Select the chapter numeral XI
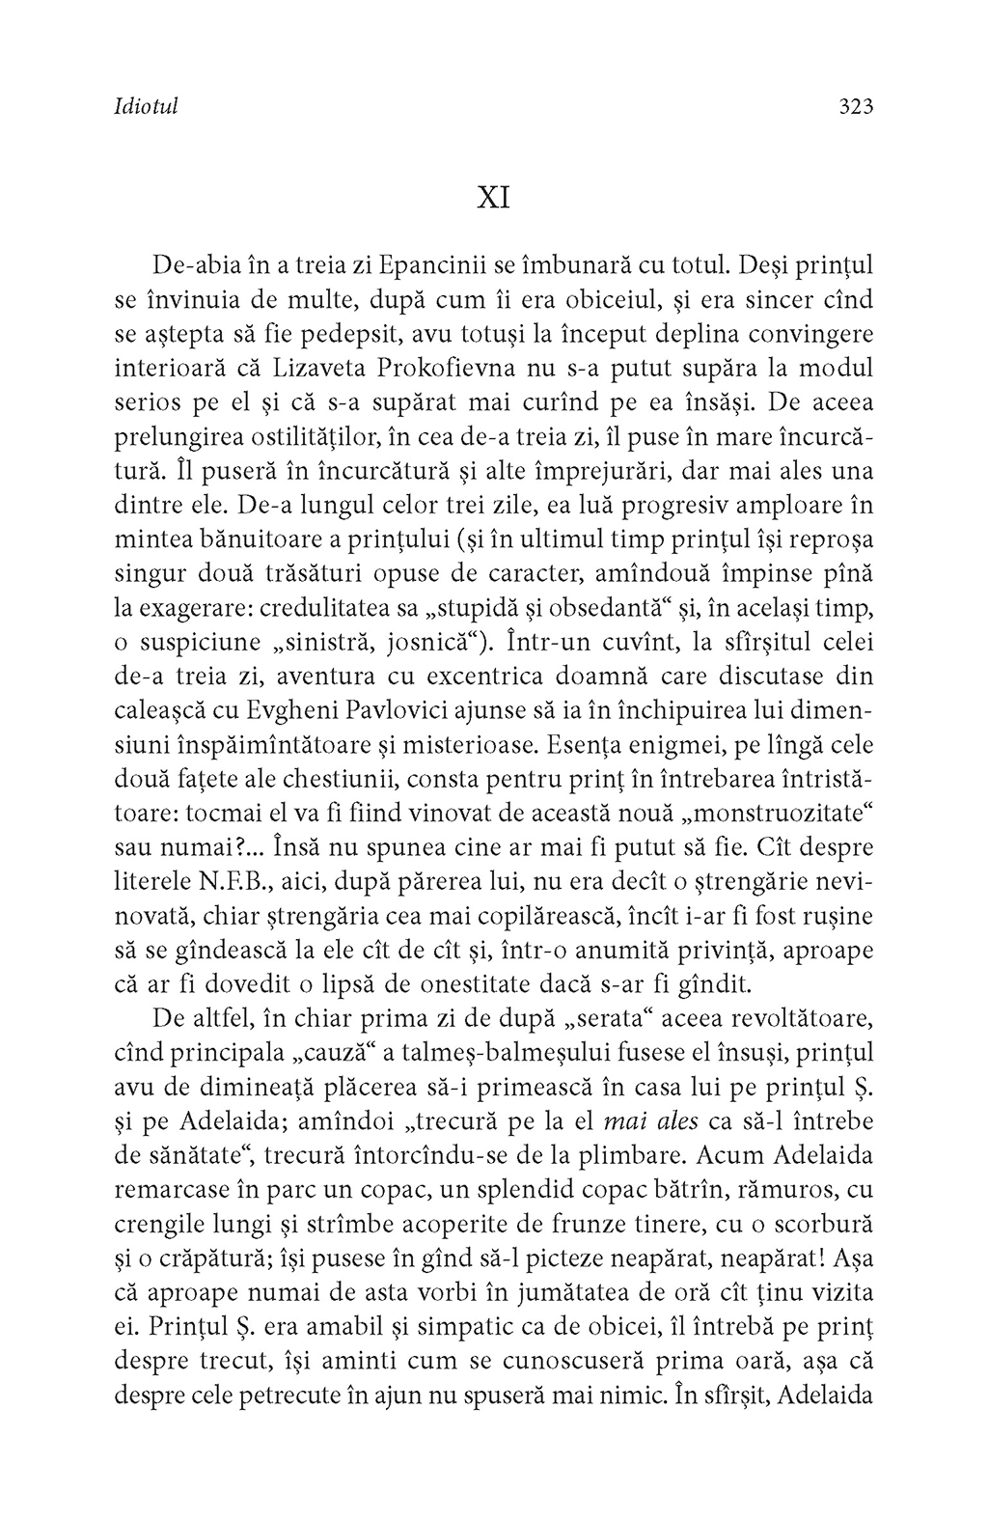(493, 198)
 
